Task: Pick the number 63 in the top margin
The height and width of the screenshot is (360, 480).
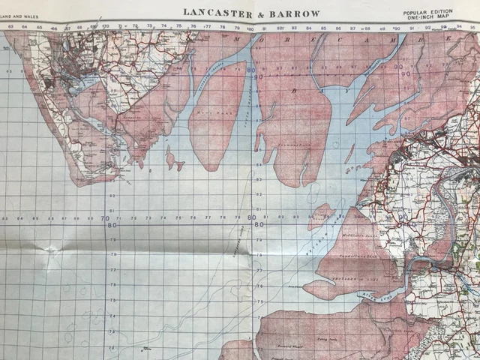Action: (x=11, y=27)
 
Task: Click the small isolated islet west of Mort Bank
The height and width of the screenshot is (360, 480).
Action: (x=172, y=160)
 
